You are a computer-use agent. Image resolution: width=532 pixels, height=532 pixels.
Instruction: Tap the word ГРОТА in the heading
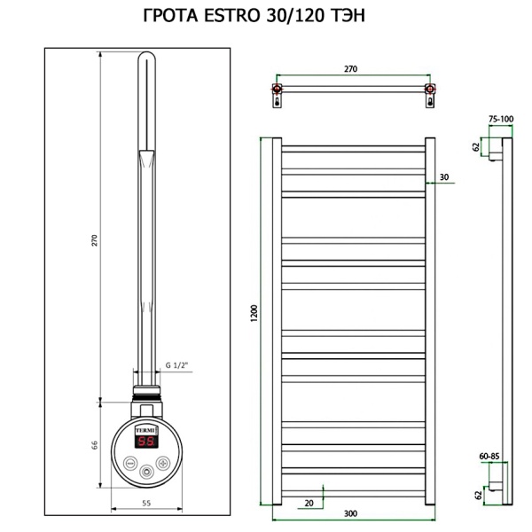click(175, 16)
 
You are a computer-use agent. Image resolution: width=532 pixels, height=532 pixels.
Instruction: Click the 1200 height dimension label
click(254, 312)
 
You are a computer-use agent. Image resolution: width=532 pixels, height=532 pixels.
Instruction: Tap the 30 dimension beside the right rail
click(444, 178)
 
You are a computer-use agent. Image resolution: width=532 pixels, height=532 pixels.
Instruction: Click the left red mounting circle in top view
click(278, 90)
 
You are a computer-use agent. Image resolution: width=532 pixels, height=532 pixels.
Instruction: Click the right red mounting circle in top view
click(429, 90)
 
